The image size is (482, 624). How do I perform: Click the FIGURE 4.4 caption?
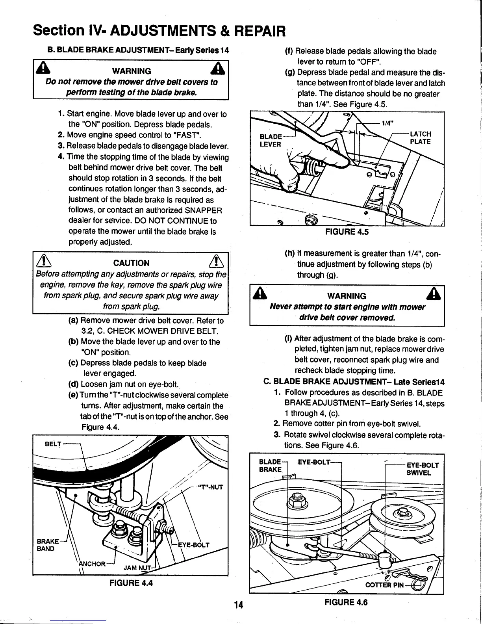131,583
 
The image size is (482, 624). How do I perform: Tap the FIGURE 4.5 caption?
347,232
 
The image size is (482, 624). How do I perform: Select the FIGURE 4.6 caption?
346,602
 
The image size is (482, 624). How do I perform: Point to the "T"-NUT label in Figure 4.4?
209,487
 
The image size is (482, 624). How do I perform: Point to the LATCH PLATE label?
421,138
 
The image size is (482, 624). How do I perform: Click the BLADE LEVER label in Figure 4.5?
271,140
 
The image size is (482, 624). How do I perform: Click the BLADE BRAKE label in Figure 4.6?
271,466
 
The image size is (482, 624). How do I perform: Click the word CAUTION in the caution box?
131,263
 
